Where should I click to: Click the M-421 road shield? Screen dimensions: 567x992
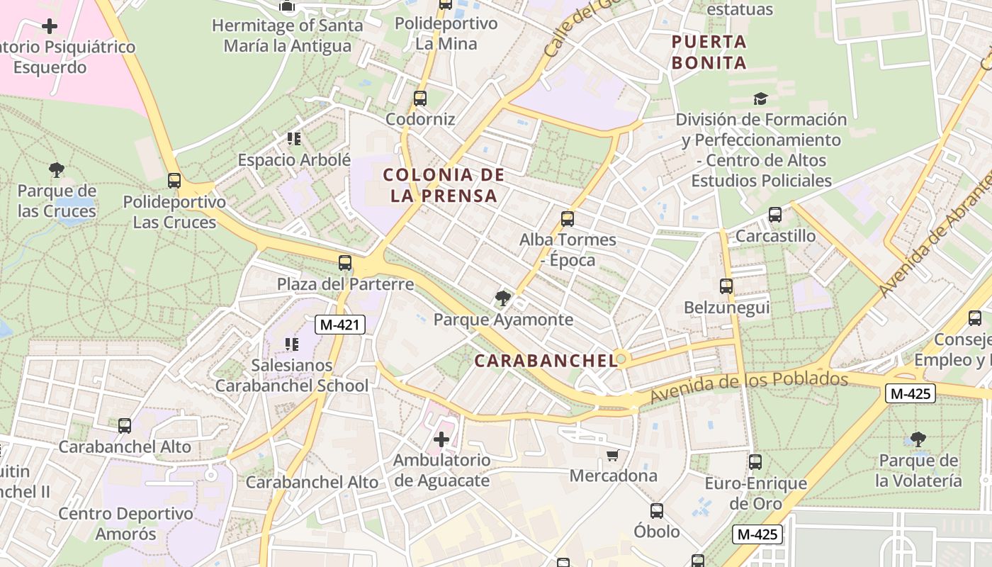pyautogui.click(x=340, y=325)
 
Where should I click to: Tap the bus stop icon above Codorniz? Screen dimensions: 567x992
pyautogui.click(x=420, y=99)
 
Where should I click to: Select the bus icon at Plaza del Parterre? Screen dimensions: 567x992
pyautogui.click(x=345, y=263)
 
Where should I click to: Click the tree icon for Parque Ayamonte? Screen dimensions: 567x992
pyautogui.click(x=503, y=298)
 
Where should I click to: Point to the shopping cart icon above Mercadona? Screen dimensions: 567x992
pyautogui.click(x=613, y=455)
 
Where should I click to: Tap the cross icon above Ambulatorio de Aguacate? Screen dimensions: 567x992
pyautogui.click(x=441, y=439)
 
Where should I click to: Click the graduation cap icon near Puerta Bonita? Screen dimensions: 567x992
pyautogui.click(x=760, y=99)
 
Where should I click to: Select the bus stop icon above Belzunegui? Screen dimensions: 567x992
pyautogui.click(x=726, y=286)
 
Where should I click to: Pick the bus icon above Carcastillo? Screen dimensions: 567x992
pyautogui.click(x=775, y=214)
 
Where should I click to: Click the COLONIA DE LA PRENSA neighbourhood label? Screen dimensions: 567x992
pyautogui.click(x=444, y=185)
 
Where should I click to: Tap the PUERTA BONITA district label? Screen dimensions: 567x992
pyautogui.click(x=709, y=52)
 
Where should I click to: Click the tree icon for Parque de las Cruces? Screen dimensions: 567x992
pyautogui.click(x=57, y=170)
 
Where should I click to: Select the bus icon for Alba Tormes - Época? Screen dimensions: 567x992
pyautogui.click(x=568, y=218)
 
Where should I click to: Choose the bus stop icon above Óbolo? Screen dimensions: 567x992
pyautogui.click(x=657, y=510)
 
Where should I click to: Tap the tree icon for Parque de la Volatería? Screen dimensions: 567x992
pyautogui.click(x=918, y=439)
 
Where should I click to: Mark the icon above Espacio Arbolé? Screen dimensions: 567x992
pyautogui.click(x=294, y=138)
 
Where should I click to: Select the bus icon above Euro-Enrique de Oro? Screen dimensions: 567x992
pyautogui.click(x=755, y=462)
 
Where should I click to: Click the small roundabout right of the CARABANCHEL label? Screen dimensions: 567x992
pyautogui.click(x=621, y=359)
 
